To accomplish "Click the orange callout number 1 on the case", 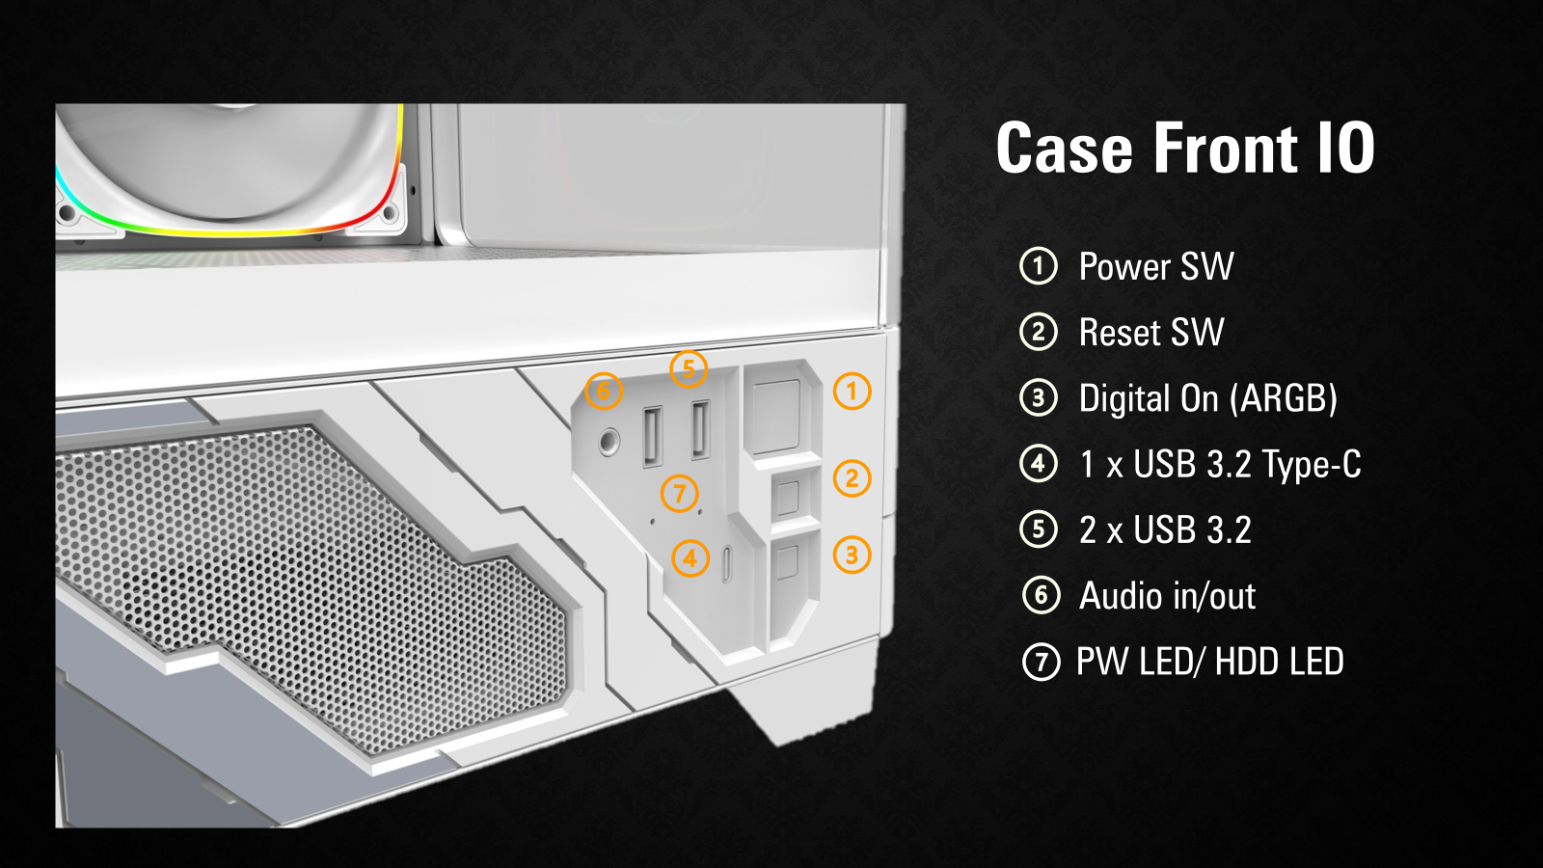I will tap(852, 392).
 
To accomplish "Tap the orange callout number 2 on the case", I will tap(852, 478).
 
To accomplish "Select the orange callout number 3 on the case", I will tap(852, 555).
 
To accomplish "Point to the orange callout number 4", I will tap(690, 558).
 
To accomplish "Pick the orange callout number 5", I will tap(689, 369).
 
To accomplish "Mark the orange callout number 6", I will tap(604, 392).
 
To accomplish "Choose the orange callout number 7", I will tap(680, 494).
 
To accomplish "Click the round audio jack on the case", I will tap(609, 443).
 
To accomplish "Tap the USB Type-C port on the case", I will tap(726, 563).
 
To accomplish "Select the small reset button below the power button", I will tap(788, 497).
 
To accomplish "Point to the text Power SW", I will tap(1156, 267).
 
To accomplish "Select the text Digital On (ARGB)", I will tap(1207, 398).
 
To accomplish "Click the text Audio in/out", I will tap(1167, 596).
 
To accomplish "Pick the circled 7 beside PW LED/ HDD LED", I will tap(1041, 662).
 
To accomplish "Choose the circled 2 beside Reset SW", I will tap(1039, 333).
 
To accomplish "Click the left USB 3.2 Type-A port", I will tap(652, 436).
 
